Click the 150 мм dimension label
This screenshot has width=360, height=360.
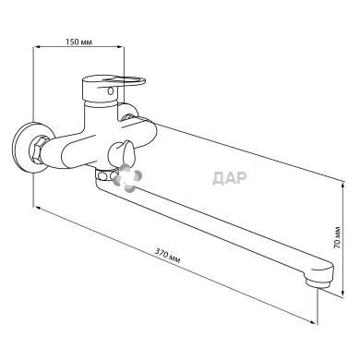point(78,42)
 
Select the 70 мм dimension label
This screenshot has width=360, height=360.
point(338,237)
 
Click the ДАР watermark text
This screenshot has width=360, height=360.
point(230,178)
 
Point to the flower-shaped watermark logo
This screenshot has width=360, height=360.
point(127,178)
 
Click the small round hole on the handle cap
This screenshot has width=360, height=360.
point(111,90)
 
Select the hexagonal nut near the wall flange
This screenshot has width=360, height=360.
point(37,150)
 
